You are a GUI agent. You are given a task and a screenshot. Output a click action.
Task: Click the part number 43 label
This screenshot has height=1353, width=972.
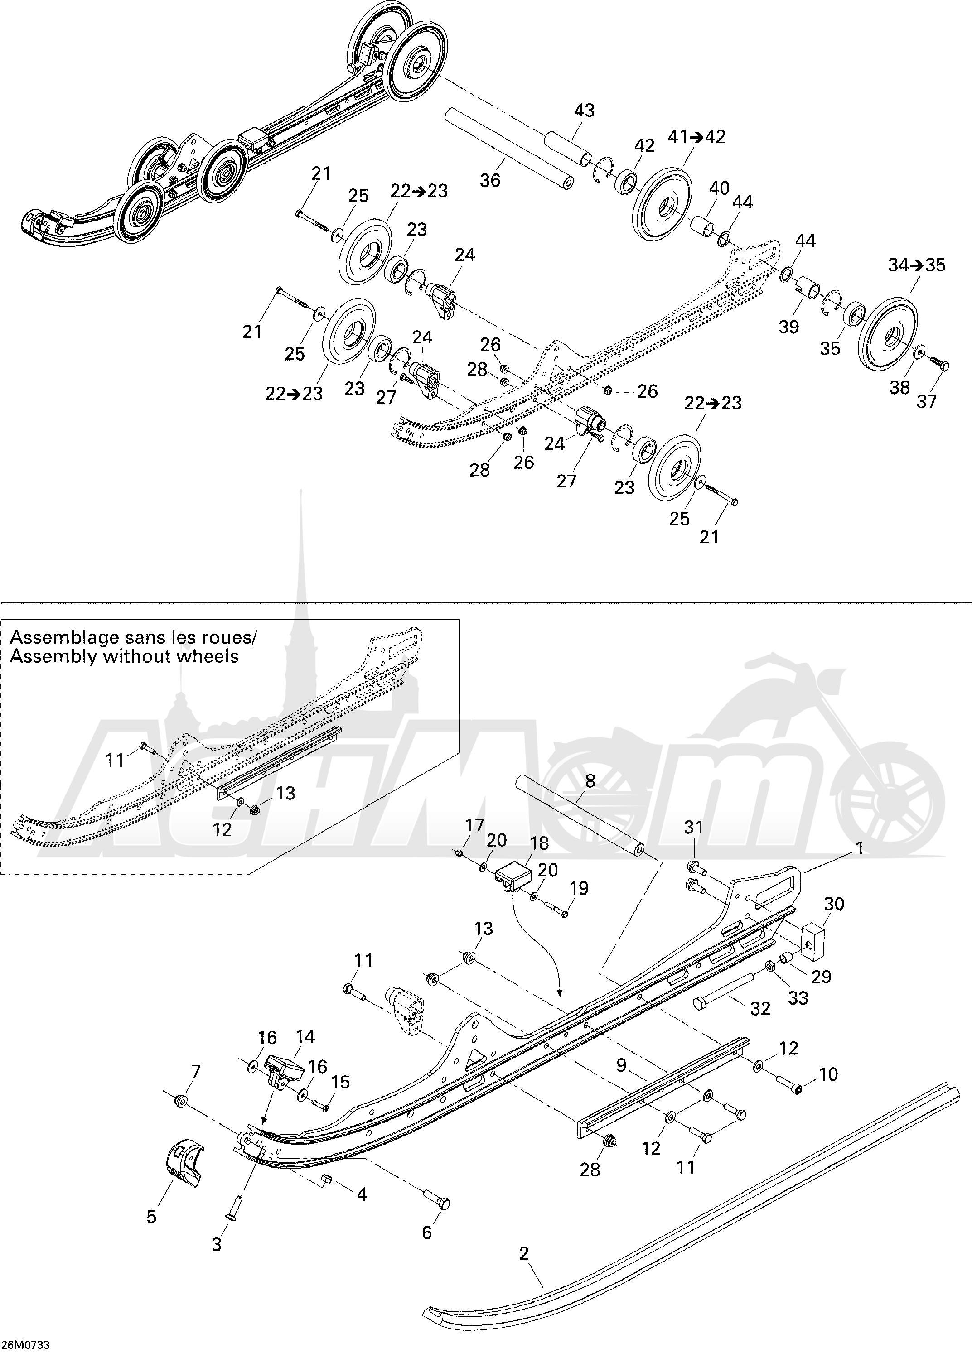tap(584, 111)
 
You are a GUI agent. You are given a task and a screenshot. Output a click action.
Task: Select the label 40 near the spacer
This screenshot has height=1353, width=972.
tap(719, 188)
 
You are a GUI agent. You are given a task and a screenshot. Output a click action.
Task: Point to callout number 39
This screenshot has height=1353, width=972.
tap(789, 327)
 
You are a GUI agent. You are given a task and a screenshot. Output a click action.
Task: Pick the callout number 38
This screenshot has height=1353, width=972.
tap(900, 387)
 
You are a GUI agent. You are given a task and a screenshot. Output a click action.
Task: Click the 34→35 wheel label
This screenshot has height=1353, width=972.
tap(917, 265)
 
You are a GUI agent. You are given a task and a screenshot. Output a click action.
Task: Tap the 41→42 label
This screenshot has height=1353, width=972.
tap(696, 137)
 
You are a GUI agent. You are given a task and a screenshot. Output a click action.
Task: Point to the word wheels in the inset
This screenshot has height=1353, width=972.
tap(208, 656)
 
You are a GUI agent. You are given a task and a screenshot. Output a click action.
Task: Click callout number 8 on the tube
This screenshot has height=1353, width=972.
tap(590, 781)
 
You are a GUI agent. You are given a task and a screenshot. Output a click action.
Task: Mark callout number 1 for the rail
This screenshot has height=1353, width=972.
tap(860, 848)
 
